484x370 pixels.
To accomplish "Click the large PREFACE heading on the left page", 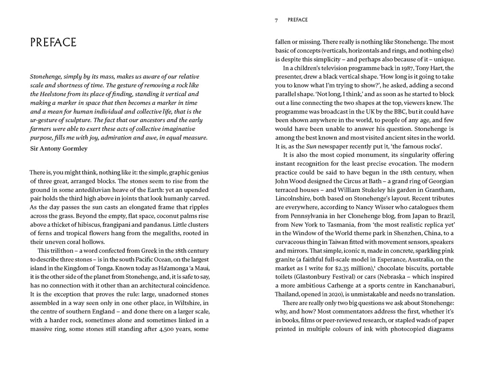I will [53, 42].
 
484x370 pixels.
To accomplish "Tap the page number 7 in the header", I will [276, 20].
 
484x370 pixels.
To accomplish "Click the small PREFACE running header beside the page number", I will [298, 20].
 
